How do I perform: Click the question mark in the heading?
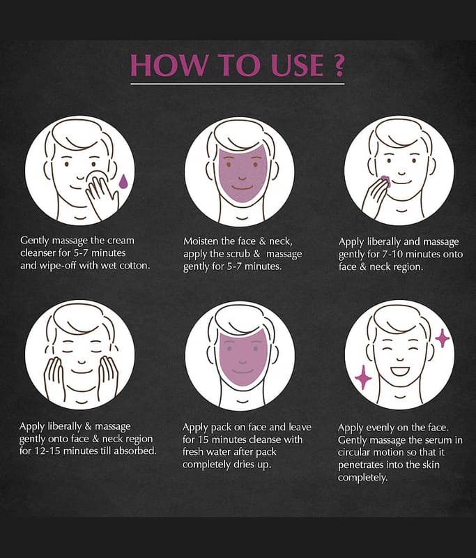(339, 65)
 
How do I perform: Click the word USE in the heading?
(297, 65)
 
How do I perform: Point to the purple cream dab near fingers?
(385, 181)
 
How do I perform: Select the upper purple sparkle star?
(443, 338)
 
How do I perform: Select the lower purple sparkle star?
(363, 377)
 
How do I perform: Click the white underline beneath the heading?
(238, 84)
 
